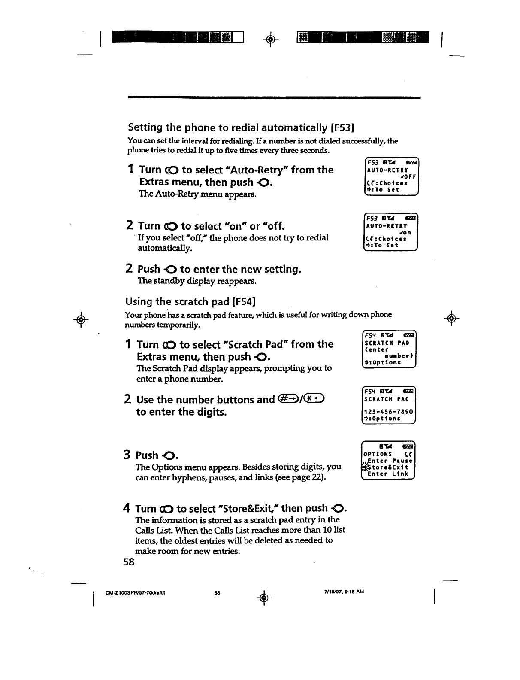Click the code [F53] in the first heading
pos(342,127)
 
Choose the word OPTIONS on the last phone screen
pos(378,454)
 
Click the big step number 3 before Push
pos(127,455)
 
